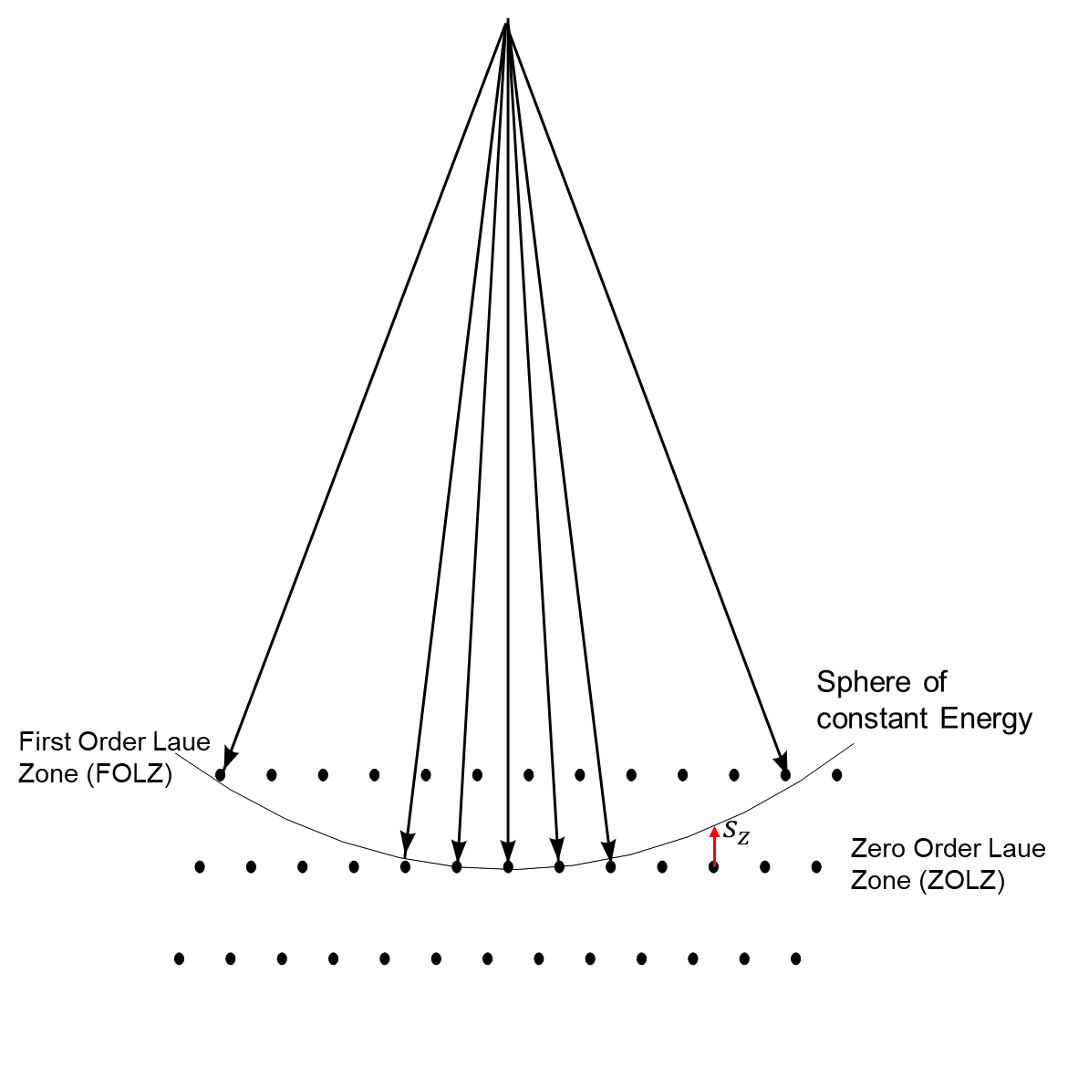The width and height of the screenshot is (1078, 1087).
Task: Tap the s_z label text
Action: [736, 833]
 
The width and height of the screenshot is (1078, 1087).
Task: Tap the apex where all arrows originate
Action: [507, 23]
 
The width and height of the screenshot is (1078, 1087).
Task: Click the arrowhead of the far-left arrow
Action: [229, 758]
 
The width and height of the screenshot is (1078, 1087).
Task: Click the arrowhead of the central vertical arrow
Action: [508, 853]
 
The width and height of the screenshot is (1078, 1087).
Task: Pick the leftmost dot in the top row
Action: [220, 775]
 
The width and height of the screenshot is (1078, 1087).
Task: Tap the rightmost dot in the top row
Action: [837, 775]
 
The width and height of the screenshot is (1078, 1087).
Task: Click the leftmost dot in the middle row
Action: [200, 866]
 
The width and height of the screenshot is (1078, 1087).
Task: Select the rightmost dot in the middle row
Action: [816, 866]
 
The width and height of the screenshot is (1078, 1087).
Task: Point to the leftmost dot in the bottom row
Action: [180, 958]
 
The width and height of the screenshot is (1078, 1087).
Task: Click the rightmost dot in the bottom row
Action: [796, 958]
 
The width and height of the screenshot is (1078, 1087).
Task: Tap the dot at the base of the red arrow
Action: [714, 866]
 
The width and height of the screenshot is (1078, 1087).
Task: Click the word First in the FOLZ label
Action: [46, 741]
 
